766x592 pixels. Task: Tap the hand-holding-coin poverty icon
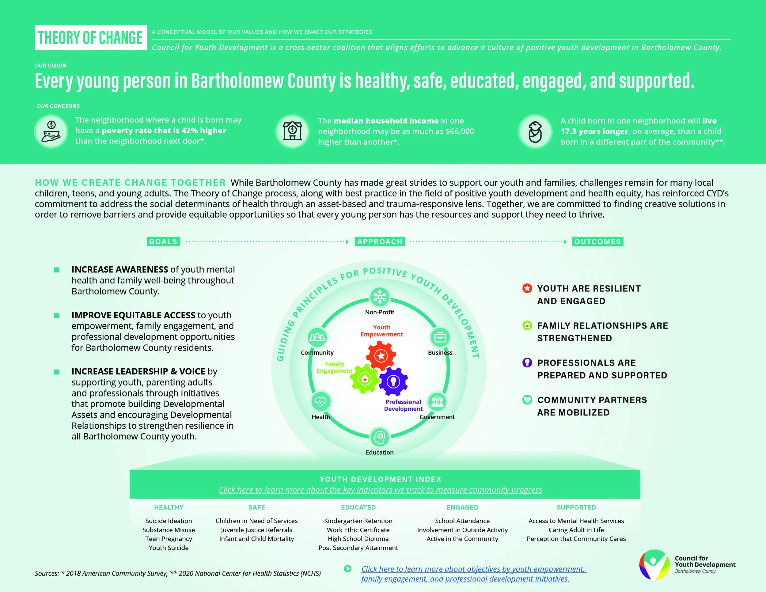[51, 131]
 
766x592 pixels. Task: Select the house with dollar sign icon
[293, 131]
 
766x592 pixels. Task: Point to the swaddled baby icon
[535, 132]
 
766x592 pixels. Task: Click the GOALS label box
[163, 242]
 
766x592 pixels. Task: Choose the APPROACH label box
[380, 242]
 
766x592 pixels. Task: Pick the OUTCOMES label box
[597, 242]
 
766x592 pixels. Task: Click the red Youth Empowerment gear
[381, 356]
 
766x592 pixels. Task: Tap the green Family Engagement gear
[365, 379]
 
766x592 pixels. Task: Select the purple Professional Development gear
[393, 381]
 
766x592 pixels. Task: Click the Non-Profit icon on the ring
[380, 297]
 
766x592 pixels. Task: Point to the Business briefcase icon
[440, 337]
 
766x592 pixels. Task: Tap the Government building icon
[437, 402]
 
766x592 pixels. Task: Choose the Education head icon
[380, 437]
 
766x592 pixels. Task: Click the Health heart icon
[320, 402]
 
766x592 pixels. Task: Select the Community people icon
[317, 337]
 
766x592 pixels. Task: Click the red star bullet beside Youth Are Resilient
[527, 288]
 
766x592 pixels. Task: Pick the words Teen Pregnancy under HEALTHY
[169, 539]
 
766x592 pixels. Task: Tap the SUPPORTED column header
[576, 507]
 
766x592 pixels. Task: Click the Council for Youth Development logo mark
[654, 565]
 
